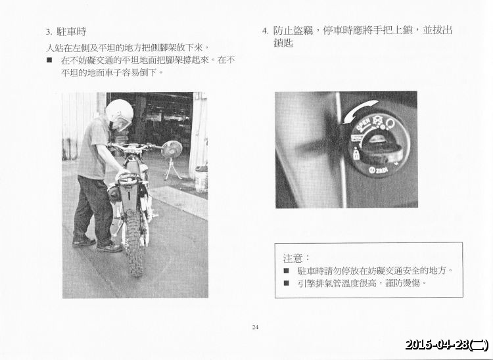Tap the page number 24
coord(255,326)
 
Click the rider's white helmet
coord(119,113)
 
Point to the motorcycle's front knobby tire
coord(133,244)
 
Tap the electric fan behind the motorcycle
coord(171,150)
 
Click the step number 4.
coord(264,31)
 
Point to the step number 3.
coord(49,32)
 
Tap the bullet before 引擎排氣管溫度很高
coord(287,283)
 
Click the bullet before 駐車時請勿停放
coord(287,270)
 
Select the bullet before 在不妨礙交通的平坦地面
coord(50,60)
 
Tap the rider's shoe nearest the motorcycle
coord(109,248)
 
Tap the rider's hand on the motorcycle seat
coord(123,175)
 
